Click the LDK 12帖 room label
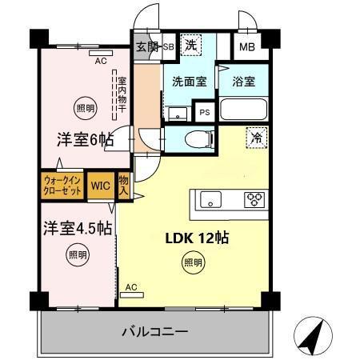coord(198,238)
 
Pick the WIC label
coord(100,186)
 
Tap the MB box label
coord(250,46)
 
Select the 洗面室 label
coord(190,81)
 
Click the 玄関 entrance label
coord(146,46)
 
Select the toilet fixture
coord(195,139)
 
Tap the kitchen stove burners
coord(254,199)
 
